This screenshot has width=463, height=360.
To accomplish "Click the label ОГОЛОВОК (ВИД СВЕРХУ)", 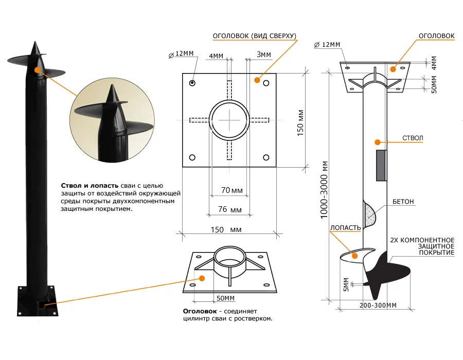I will [255, 36].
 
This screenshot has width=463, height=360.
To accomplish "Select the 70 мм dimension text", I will [232, 190].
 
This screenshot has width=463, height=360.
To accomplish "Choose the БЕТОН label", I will [403, 202].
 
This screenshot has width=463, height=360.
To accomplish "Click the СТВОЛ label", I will [413, 138].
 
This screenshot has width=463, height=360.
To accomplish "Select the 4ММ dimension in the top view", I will [216, 55].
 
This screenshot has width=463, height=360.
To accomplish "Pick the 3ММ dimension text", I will [263, 55].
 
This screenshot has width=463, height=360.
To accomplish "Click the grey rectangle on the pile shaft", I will [381, 166].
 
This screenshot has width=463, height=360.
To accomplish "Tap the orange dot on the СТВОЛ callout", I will [377, 141].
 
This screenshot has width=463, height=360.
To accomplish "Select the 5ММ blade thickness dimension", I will [346, 284].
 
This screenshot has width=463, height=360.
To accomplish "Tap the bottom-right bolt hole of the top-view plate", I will [266, 157].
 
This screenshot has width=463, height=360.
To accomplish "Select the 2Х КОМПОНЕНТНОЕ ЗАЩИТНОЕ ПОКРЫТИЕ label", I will [422, 246].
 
